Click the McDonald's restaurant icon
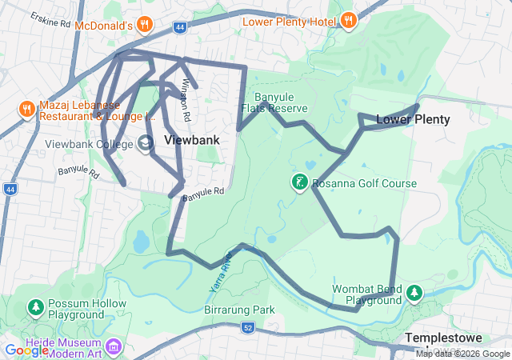pyautogui.click(x=145, y=23)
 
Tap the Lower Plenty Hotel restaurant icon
pyautogui.click(x=348, y=21)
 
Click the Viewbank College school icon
pyautogui.click(x=146, y=143)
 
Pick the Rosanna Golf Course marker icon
pyautogui.click(x=299, y=183)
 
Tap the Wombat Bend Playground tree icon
pyautogui.click(x=414, y=294)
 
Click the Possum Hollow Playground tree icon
pyautogui.click(x=35, y=307)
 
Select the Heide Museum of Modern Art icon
pyautogui.click(x=113, y=347)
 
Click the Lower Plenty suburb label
pyautogui.click(x=413, y=119)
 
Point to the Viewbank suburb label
pyautogui.click(x=190, y=138)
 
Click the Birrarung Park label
pyautogui.click(x=239, y=310)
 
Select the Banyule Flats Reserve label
pyautogui.click(x=268, y=102)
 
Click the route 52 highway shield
pyautogui.click(x=248, y=327)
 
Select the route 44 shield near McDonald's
pyautogui.click(x=179, y=26)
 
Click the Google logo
pyautogui.click(x=27, y=350)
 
